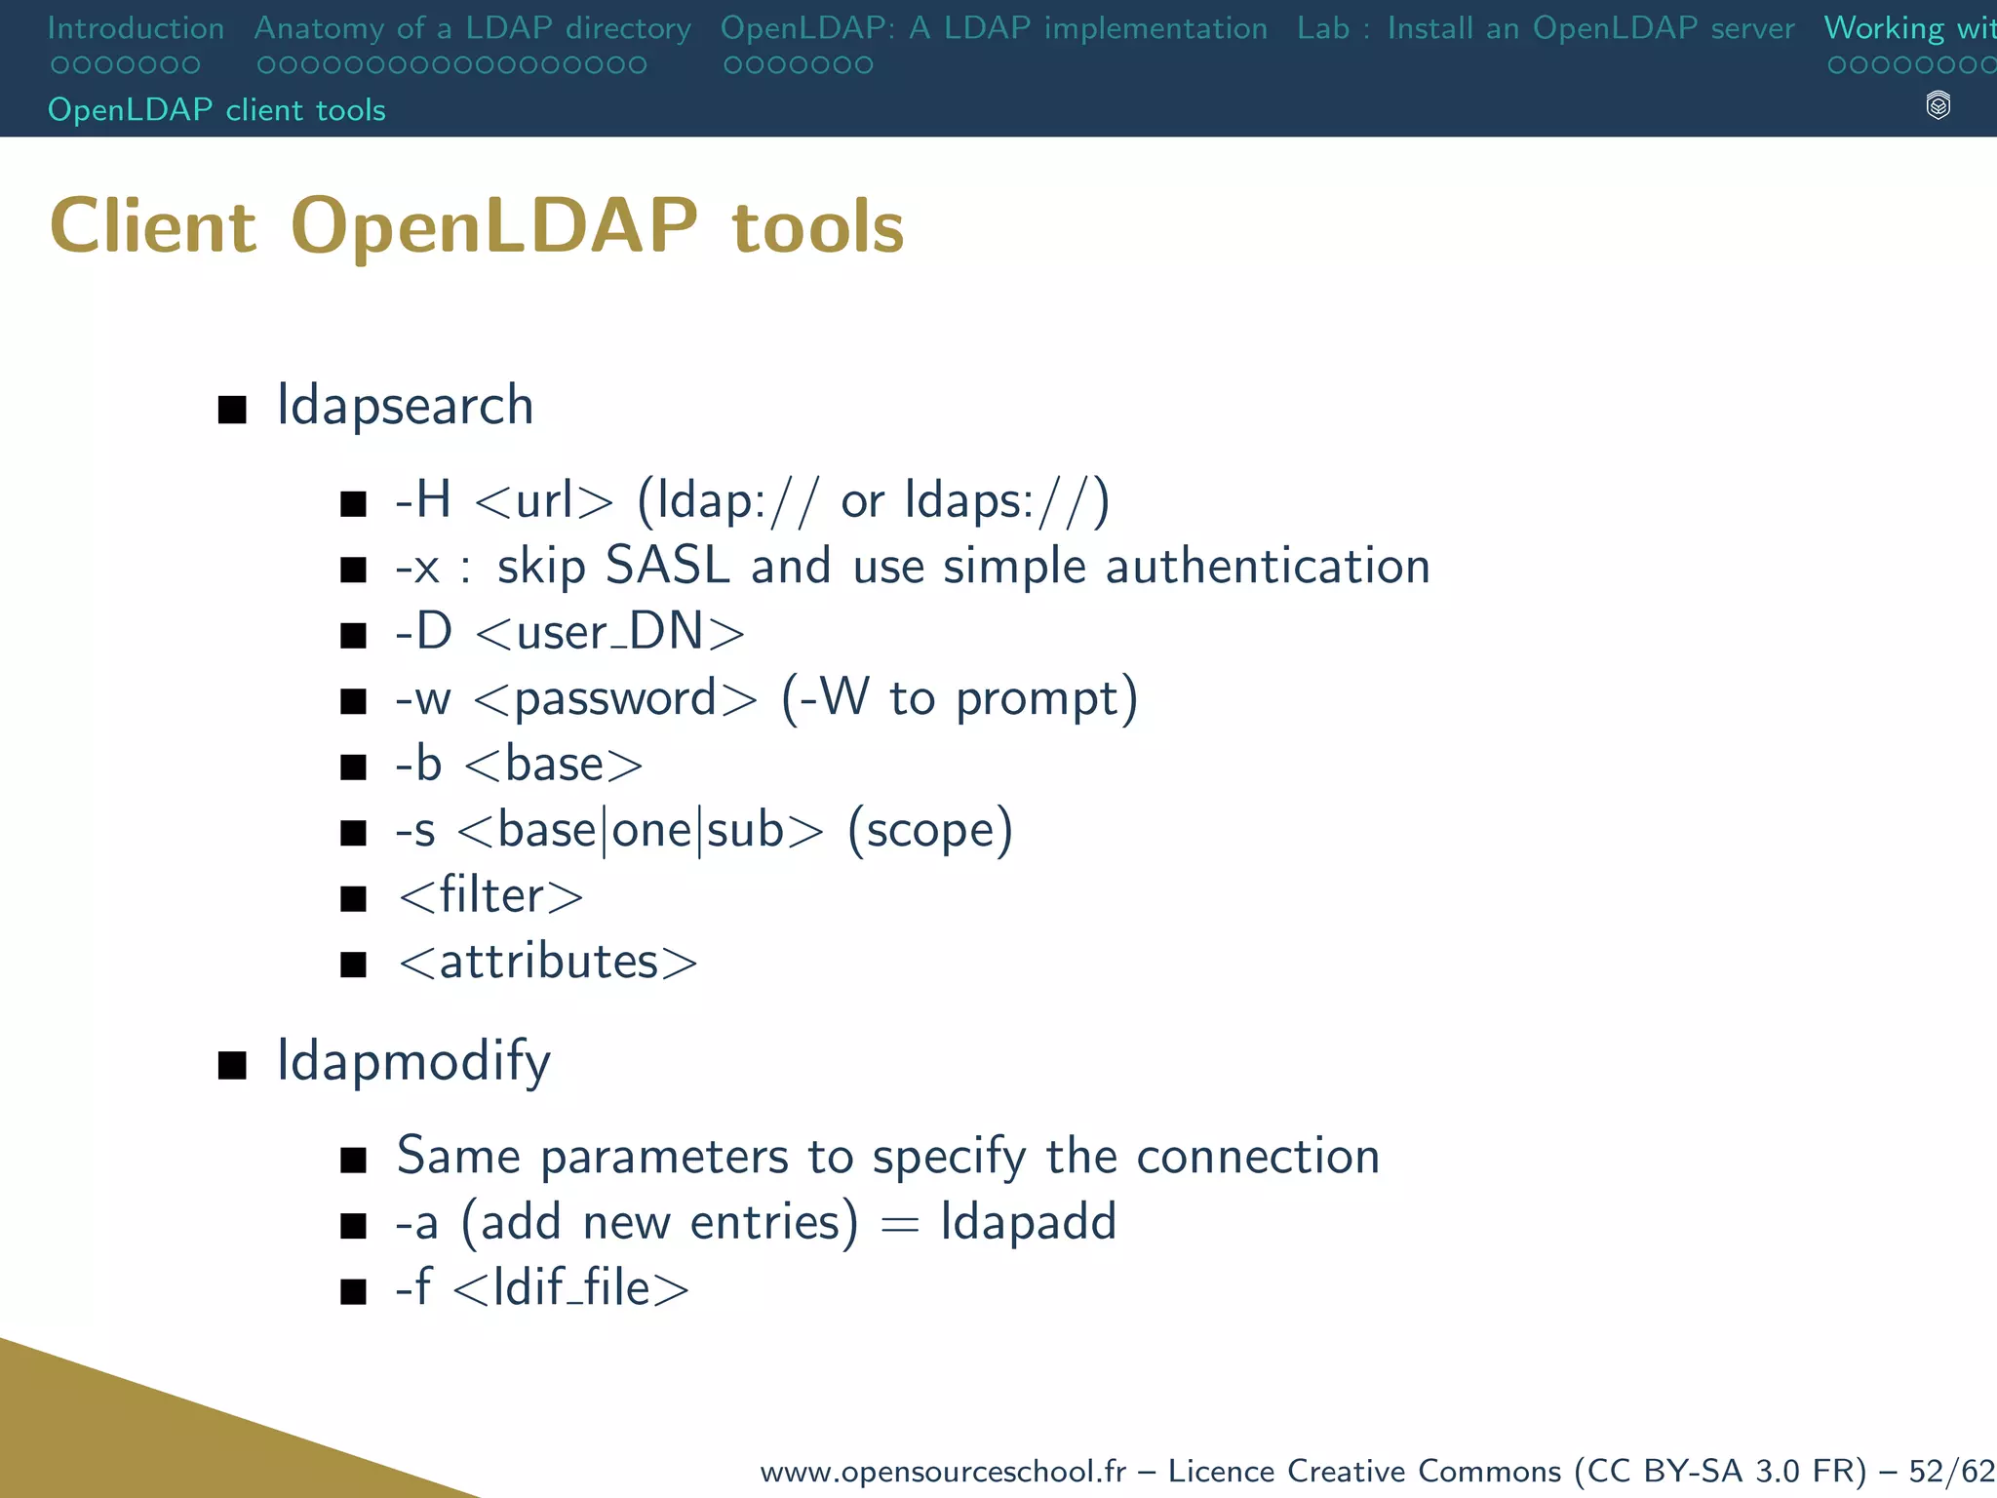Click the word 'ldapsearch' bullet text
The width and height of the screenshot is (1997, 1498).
coord(405,406)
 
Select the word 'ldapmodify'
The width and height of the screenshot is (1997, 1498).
coord(413,1061)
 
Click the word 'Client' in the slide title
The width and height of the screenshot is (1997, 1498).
coord(153,226)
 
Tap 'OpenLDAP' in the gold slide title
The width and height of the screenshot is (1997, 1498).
coord(494,226)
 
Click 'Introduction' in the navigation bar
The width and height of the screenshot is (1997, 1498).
coord(136,28)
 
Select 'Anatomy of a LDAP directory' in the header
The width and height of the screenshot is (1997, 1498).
coord(472,28)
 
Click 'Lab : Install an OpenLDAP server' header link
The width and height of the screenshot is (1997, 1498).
coord(1545,28)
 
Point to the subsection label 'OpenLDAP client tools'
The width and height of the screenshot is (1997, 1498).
coord(216,110)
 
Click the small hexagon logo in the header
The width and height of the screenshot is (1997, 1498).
coord(1938,105)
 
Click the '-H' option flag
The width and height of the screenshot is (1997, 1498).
coord(423,500)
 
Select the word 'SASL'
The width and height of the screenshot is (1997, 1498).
coord(667,566)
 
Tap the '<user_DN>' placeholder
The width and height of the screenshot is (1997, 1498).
coord(610,632)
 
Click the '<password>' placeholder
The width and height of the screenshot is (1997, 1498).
coord(615,698)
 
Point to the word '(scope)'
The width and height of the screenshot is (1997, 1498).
coord(930,830)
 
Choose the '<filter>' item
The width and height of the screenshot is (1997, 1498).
coord(490,895)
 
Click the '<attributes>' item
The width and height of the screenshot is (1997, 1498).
coord(548,962)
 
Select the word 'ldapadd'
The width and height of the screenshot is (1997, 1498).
coord(1028,1222)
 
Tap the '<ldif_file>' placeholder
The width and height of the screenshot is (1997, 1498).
coord(571,1288)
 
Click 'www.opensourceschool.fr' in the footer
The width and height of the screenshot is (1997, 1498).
coord(942,1471)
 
